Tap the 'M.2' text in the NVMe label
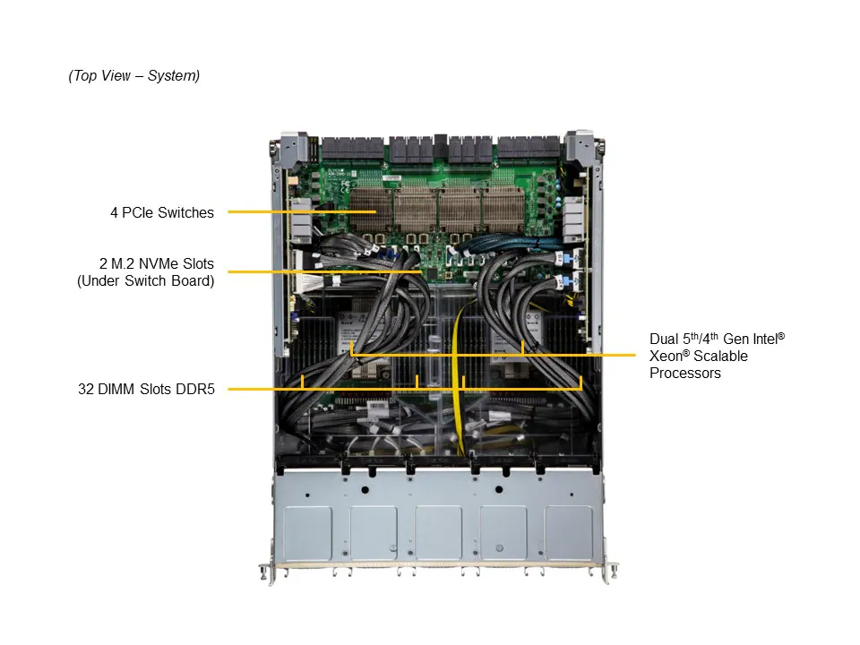[129, 264]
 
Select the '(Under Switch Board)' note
[146, 281]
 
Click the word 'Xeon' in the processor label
[667, 357]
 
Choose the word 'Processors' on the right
[685, 374]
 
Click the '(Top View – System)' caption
[134, 76]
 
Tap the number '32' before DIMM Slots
[86, 390]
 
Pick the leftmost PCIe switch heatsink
[375, 211]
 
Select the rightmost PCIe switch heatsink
[509, 211]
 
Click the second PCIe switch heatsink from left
[417, 211]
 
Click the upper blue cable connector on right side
[567, 258]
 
